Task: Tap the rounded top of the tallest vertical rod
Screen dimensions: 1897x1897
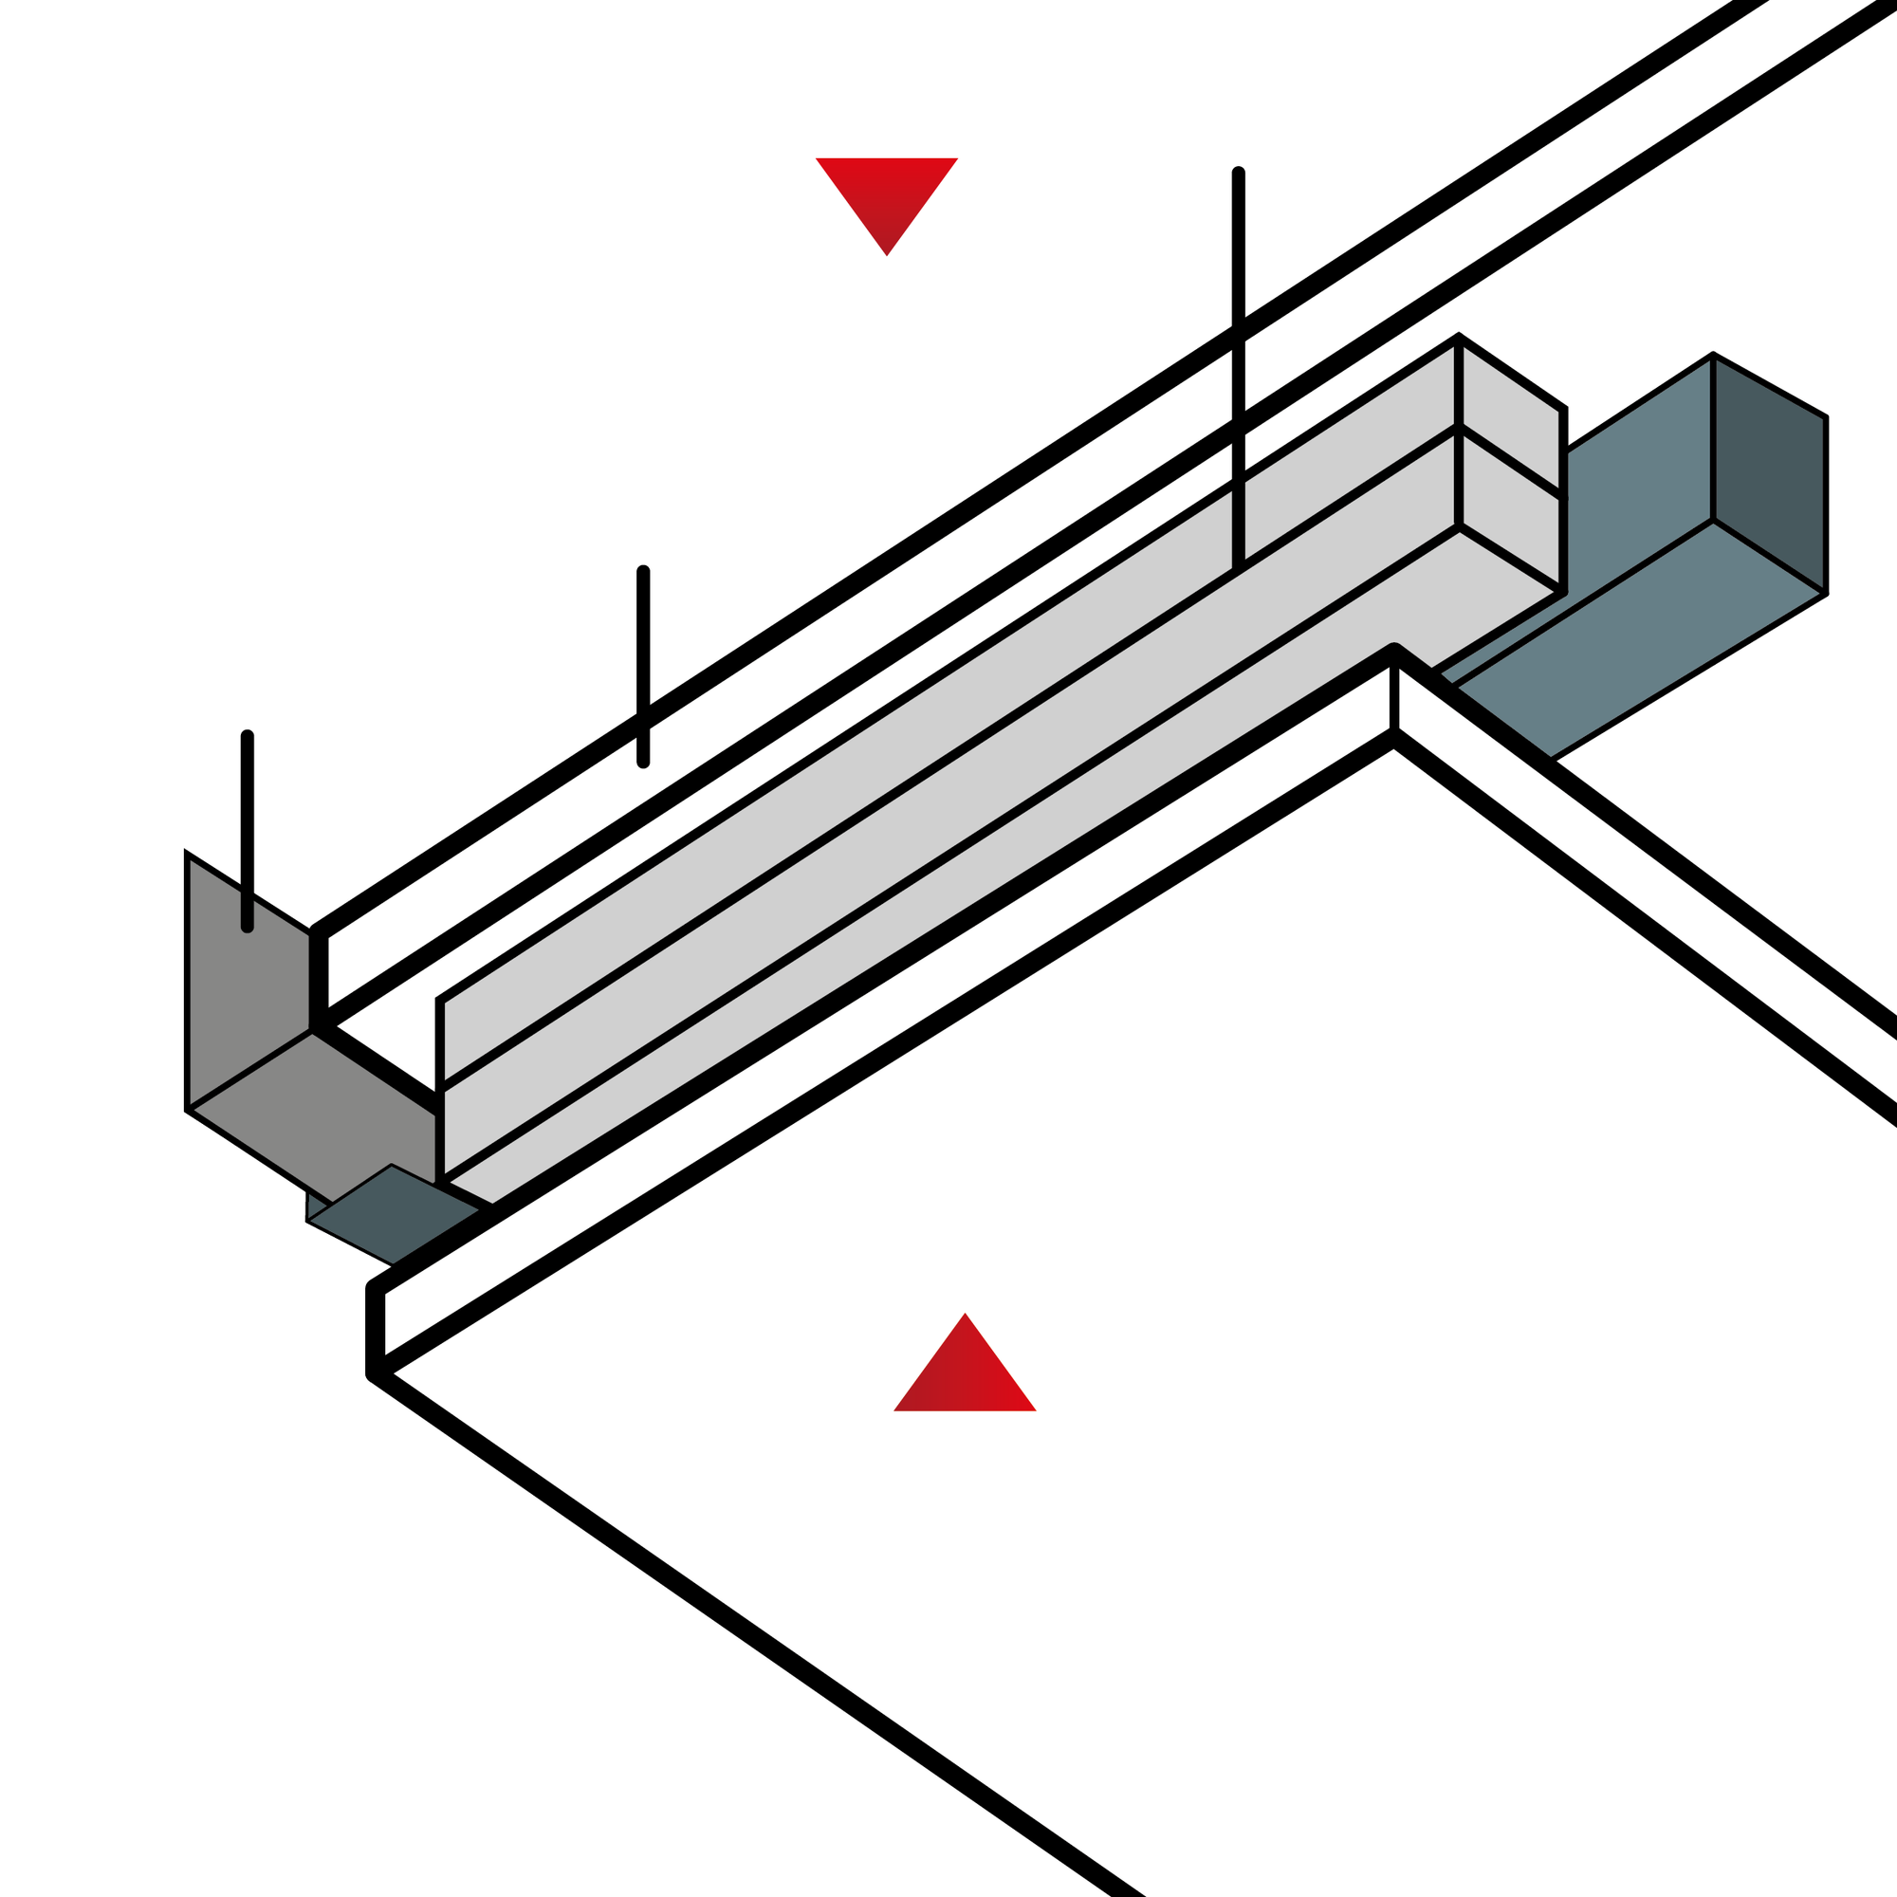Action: tap(1238, 174)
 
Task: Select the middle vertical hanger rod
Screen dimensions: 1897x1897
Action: tap(643, 668)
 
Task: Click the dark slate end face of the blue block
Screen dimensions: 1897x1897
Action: tap(1769, 471)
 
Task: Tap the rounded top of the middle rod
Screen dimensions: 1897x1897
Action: tap(643, 573)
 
